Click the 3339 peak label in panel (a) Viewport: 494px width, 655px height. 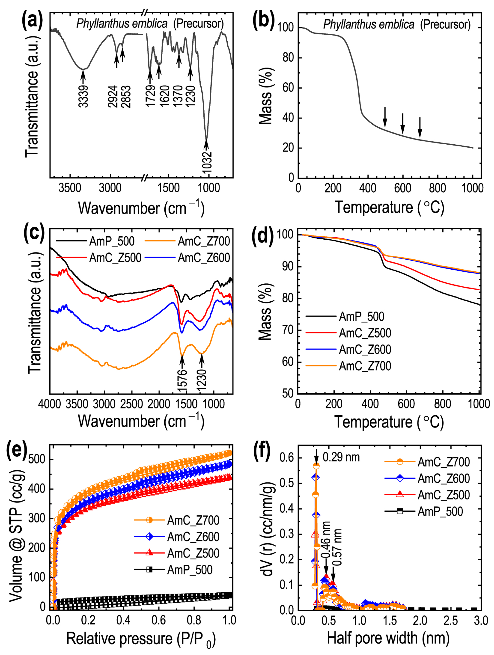83,96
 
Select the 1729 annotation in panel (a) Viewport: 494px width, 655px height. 151,95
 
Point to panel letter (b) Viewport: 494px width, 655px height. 263,21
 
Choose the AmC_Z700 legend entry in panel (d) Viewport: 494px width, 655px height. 365,366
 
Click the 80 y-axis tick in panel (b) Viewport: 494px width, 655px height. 288,58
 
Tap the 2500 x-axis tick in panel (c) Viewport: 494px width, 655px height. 132,404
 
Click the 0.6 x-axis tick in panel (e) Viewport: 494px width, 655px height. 158,620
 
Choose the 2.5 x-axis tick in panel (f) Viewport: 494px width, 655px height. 450,620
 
